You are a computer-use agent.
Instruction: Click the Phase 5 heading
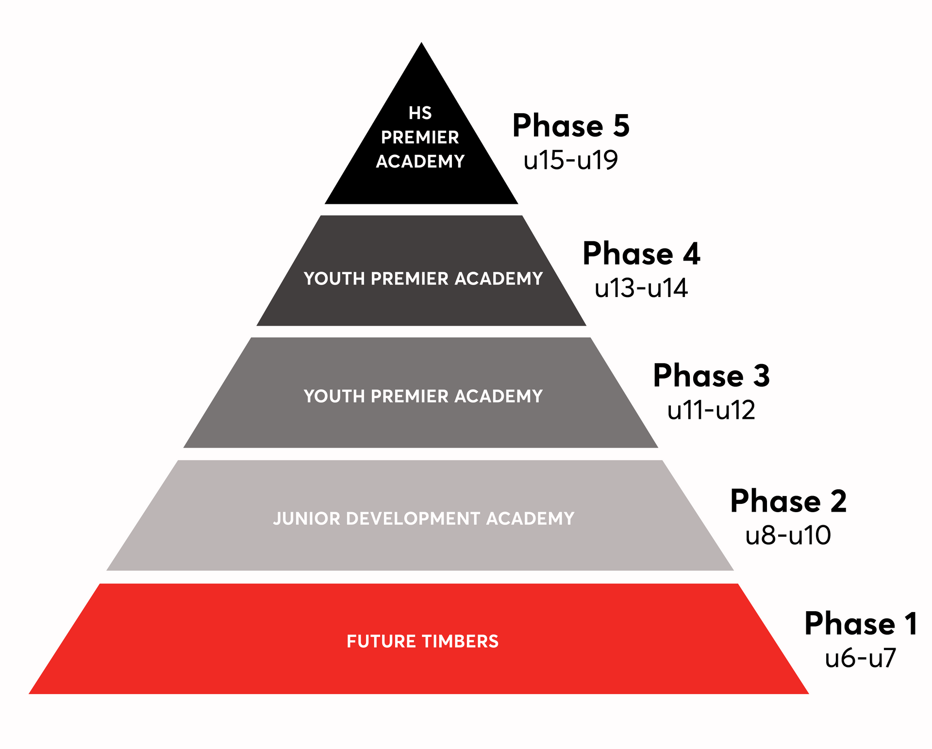pyautogui.click(x=571, y=126)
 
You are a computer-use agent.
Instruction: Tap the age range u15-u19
pyautogui.click(x=571, y=160)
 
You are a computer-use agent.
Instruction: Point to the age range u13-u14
pyautogui.click(x=641, y=288)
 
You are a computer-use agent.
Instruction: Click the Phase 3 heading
pyautogui.click(x=712, y=376)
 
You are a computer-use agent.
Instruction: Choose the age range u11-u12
pyautogui.click(x=712, y=410)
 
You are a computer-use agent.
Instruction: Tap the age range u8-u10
pyautogui.click(x=788, y=535)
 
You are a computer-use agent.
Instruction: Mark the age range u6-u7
pyautogui.click(x=861, y=658)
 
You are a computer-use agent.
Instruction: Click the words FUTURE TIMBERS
pyautogui.click(x=423, y=641)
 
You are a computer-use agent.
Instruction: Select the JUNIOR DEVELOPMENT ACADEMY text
pyautogui.click(x=424, y=518)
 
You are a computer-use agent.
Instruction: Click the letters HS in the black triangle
pyautogui.click(x=420, y=113)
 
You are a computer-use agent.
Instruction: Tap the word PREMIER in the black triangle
pyautogui.click(x=420, y=137)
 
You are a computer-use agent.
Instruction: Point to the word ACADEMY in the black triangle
pyautogui.click(x=420, y=161)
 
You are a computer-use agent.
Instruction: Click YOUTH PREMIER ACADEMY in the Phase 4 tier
pyautogui.click(x=423, y=279)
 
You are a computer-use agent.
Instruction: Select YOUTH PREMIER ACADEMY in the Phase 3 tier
pyautogui.click(x=423, y=396)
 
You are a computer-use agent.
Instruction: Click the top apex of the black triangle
pyautogui.click(x=421, y=43)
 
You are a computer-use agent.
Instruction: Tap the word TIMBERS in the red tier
pyautogui.click(x=460, y=641)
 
